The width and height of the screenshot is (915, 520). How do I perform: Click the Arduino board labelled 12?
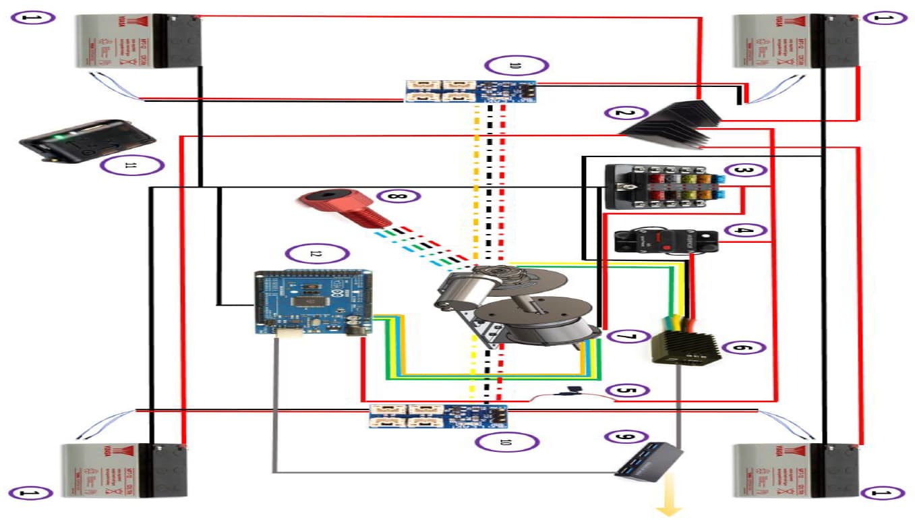pos(313,302)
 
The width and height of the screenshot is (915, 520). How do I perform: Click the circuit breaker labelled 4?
pos(665,240)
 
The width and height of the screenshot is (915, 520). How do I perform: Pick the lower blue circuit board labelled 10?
pos(438,416)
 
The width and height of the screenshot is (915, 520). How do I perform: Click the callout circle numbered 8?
pos(398,196)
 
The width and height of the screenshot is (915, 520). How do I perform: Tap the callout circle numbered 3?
pos(742,171)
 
